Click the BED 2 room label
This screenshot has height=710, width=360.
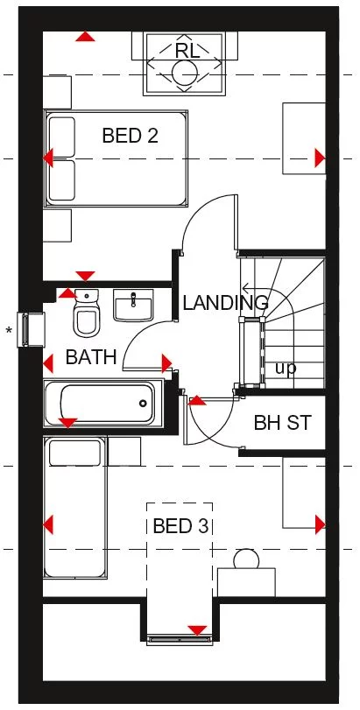pyautogui.click(x=130, y=136)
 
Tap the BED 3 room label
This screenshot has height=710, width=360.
pyautogui.click(x=180, y=526)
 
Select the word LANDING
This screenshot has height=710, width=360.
pyautogui.click(x=225, y=303)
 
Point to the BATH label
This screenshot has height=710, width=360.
pyautogui.click(x=91, y=357)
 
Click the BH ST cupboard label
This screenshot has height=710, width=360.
pyautogui.click(x=283, y=423)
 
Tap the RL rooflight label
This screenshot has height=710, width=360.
pyautogui.click(x=187, y=51)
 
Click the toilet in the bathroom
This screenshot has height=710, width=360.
pyautogui.click(x=86, y=313)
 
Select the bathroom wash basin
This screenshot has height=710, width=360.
pyautogui.click(x=133, y=306)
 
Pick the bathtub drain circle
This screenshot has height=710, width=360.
pyautogui.click(x=144, y=403)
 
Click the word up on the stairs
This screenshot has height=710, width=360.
pyautogui.click(x=286, y=369)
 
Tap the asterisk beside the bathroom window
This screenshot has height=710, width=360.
pyautogui.click(x=9, y=331)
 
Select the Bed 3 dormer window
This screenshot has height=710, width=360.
pyautogui.click(x=180, y=639)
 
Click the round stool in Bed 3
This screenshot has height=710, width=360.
pyautogui.click(x=246, y=559)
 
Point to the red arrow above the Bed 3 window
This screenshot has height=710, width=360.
pyautogui.click(x=197, y=630)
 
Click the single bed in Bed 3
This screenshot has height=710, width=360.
pyautogui.click(x=75, y=507)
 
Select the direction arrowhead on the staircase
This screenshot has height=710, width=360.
pyautogui.click(x=245, y=287)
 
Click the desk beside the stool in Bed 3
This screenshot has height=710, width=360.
pyautogui.click(x=246, y=582)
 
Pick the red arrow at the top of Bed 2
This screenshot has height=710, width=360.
pyautogui.click(x=85, y=36)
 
